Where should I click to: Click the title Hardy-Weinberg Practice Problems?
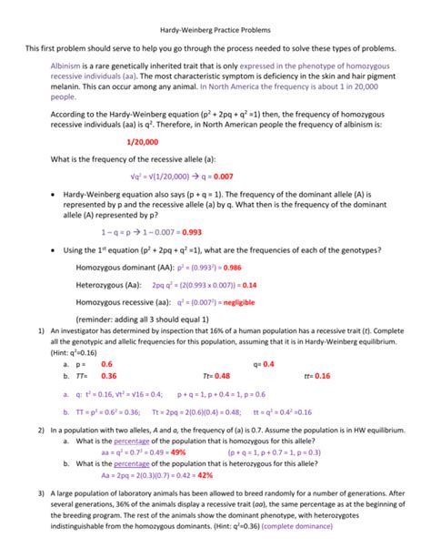point(215,29)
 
